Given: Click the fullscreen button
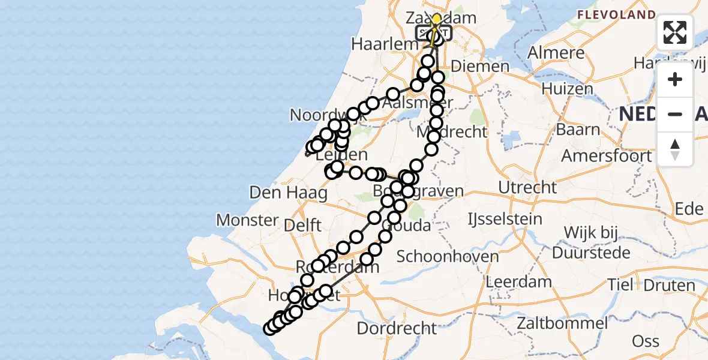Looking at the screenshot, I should tap(675, 32).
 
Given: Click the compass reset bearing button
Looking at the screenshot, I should tap(675, 149).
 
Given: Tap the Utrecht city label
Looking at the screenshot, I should tap(527, 187).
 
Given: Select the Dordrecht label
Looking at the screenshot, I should tap(397, 328).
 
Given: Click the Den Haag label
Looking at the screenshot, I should tap(289, 193).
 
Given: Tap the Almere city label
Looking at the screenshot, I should tap(556, 52).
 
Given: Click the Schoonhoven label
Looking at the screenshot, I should tap(448, 257).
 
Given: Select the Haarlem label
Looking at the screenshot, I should tap(385, 44).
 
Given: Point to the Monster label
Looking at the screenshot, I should tap(248, 220).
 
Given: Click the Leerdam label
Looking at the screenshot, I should tap(518, 281).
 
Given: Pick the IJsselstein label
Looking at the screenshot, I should tap(505, 219).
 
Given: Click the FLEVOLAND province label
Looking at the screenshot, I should tap(616, 14).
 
